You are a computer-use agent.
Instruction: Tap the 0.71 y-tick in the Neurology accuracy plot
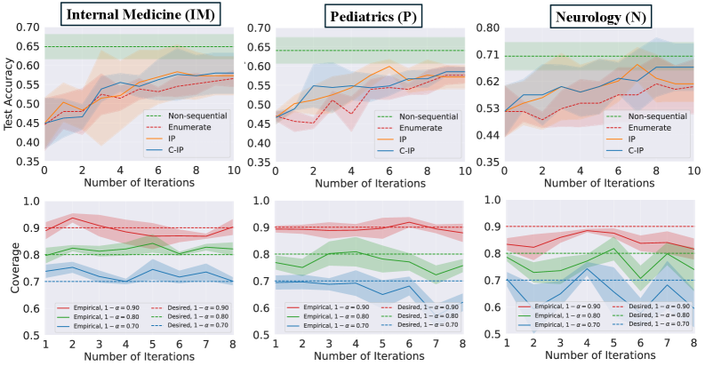click(x=491, y=55)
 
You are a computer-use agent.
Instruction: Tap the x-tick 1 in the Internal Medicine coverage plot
click(x=44, y=343)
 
